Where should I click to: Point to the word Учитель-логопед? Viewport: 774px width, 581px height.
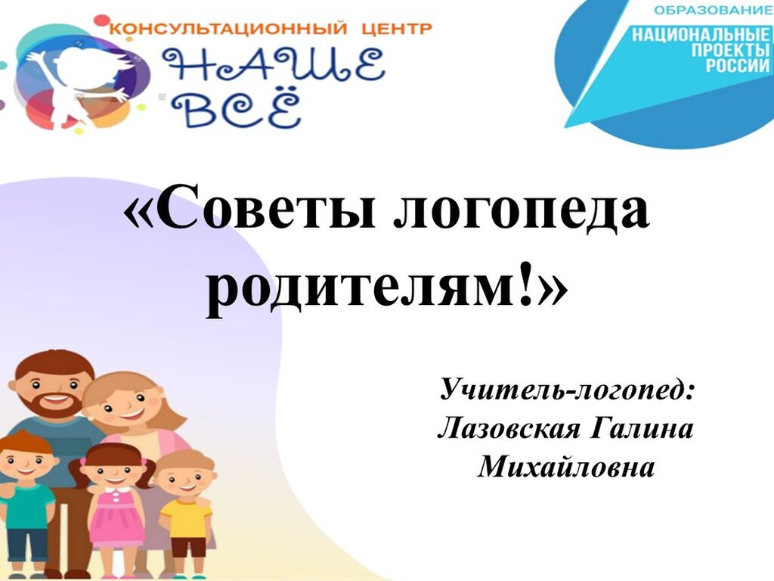tap(567, 390)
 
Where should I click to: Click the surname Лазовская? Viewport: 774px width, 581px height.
tap(509, 428)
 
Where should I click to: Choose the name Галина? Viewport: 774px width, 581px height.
tap(642, 428)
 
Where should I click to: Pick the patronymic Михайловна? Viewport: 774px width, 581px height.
tap(565, 466)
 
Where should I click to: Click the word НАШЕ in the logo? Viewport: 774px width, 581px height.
tap(273, 65)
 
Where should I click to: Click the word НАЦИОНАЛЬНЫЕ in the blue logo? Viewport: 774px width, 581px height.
tap(701, 35)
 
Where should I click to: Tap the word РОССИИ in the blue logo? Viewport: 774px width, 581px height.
tap(738, 65)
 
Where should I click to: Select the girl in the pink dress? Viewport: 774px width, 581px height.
tap(114, 509)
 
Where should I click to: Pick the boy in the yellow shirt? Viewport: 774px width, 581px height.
tap(186, 514)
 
